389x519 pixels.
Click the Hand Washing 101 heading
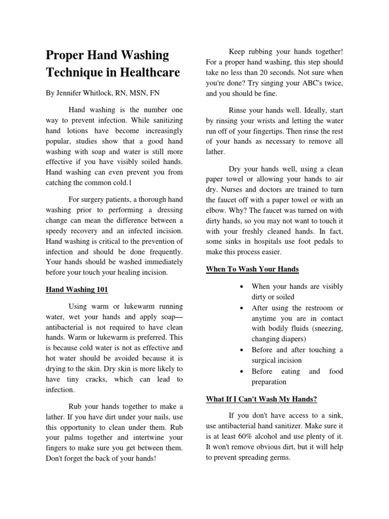click(77, 289)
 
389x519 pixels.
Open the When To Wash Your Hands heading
click(252, 269)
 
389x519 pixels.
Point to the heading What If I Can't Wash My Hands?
click(261, 399)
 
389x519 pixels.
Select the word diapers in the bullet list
click(304, 339)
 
